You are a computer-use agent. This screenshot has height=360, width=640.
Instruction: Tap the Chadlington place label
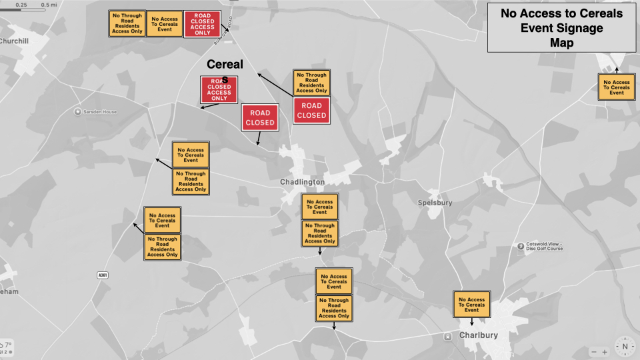(302, 182)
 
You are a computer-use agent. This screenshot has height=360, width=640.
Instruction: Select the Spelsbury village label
(435, 203)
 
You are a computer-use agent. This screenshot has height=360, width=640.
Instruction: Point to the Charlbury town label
(479, 335)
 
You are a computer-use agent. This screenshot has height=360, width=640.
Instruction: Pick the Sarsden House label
(100, 111)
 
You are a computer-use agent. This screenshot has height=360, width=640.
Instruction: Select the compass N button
(625, 346)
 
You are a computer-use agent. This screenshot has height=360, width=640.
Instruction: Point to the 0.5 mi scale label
(48, 5)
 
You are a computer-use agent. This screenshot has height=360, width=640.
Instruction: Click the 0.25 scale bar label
(21, 5)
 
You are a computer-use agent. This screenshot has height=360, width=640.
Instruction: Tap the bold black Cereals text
(225, 65)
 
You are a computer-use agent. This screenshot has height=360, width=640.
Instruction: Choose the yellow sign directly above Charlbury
(471, 304)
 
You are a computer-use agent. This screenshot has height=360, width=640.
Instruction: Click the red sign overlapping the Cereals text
(219, 89)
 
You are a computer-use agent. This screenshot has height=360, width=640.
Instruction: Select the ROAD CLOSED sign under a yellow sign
(311, 111)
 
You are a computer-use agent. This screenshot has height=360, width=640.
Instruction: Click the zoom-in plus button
(605, 352)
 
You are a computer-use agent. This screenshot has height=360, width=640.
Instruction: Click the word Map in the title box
(561, 43)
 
